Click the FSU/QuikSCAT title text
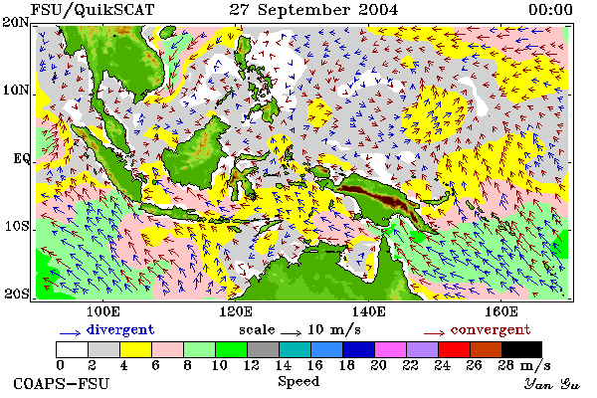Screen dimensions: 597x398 (93, 10)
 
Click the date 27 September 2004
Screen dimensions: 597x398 (313, 10)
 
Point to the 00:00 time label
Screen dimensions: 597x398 (550, 10)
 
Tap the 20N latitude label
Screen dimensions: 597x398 (16, 22)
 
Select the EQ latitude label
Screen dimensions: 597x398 (21, 158)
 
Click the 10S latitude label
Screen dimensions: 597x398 (16, 227)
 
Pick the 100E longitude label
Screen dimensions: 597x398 (103, 311)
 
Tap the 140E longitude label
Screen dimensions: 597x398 (368, 311)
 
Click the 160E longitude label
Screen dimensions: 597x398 (501, 311)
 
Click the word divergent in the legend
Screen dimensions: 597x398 (120, 329)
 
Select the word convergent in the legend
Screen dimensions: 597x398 (491, 329)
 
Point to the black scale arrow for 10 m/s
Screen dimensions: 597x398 (292, 333)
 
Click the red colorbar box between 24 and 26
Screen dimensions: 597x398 (454, 349)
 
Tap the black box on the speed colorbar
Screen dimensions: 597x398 (521, 349)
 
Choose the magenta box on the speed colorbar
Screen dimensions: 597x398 (390, 349)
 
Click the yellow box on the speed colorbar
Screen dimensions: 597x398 (135, 349)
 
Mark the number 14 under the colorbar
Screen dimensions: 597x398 (284, 365)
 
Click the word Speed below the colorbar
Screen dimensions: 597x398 (298, 381)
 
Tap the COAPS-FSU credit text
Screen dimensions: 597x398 (62, 383)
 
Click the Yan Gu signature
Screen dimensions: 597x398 (552, 384)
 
